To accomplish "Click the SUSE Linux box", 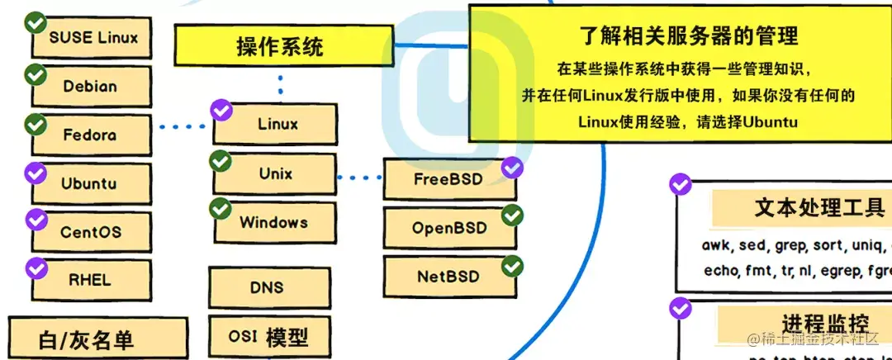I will click(93, 38).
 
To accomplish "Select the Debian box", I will click(90, 86).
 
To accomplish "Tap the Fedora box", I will click(90, 135).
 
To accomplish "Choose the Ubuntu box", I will click(90, 183).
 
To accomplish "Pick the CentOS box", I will click(90, 232).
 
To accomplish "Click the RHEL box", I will click(90, 279).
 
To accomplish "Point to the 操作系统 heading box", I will click(281, 47).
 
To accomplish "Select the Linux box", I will click(277, 125).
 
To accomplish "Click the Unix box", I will click(275, 174).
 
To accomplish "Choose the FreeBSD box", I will click(450, 178).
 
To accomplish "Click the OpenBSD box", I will click(450, 228).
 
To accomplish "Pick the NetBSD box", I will click(448, 277).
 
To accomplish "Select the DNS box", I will click(267, 287).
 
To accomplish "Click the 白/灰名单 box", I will click(87, 339).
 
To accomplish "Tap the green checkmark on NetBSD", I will click(513, 266).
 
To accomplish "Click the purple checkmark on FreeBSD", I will click(513, 168).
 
